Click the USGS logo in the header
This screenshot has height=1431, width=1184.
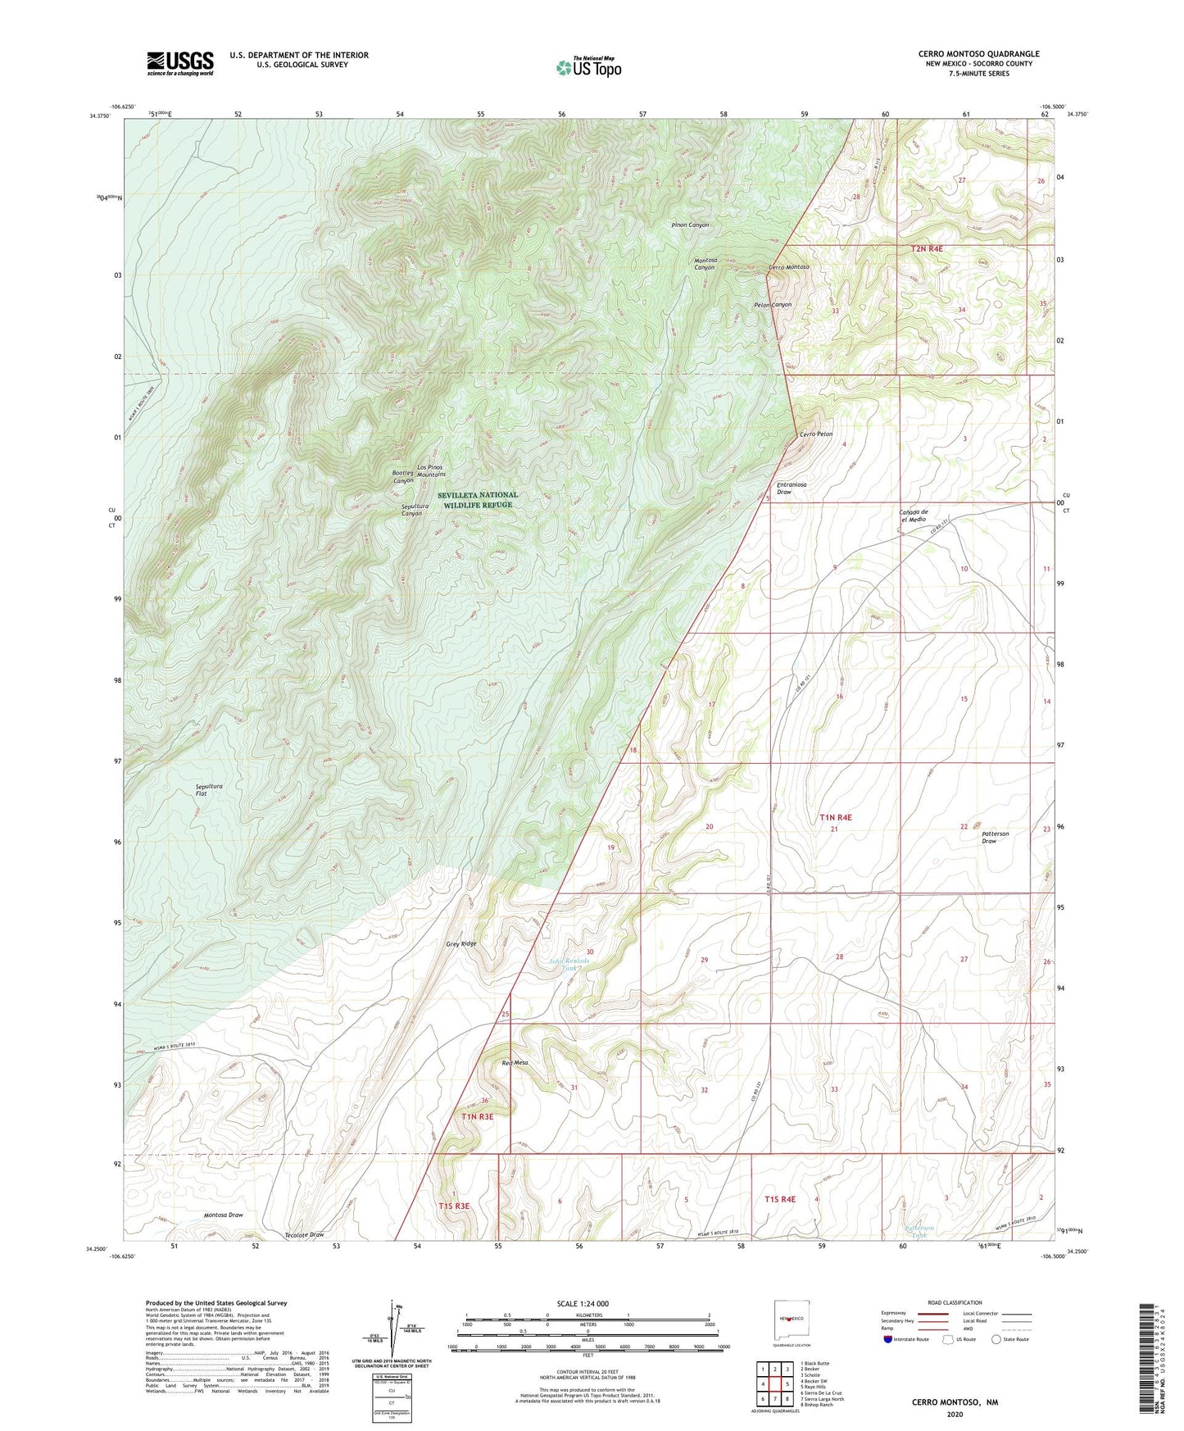tap(180, 63)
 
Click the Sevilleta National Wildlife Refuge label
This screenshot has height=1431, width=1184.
tap(478, 500)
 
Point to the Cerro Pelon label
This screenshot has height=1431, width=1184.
tap(816, 434)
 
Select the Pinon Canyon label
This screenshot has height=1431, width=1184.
tap(690, 225)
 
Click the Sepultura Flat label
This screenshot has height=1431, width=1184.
tap(209, 789)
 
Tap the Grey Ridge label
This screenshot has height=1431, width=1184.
tap(461, 943)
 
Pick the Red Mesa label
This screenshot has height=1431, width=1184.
tap(515, 1063)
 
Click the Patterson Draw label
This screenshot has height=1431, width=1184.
tap(995, 837)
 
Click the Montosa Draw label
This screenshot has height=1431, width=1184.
tap(223, 1215)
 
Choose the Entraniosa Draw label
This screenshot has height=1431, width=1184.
tap(792, 488)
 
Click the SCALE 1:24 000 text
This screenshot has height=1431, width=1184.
tap(583, 1303)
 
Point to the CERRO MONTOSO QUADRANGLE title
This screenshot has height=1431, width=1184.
tap(978, 54)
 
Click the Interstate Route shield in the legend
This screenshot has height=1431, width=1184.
tap(889, 1339)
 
